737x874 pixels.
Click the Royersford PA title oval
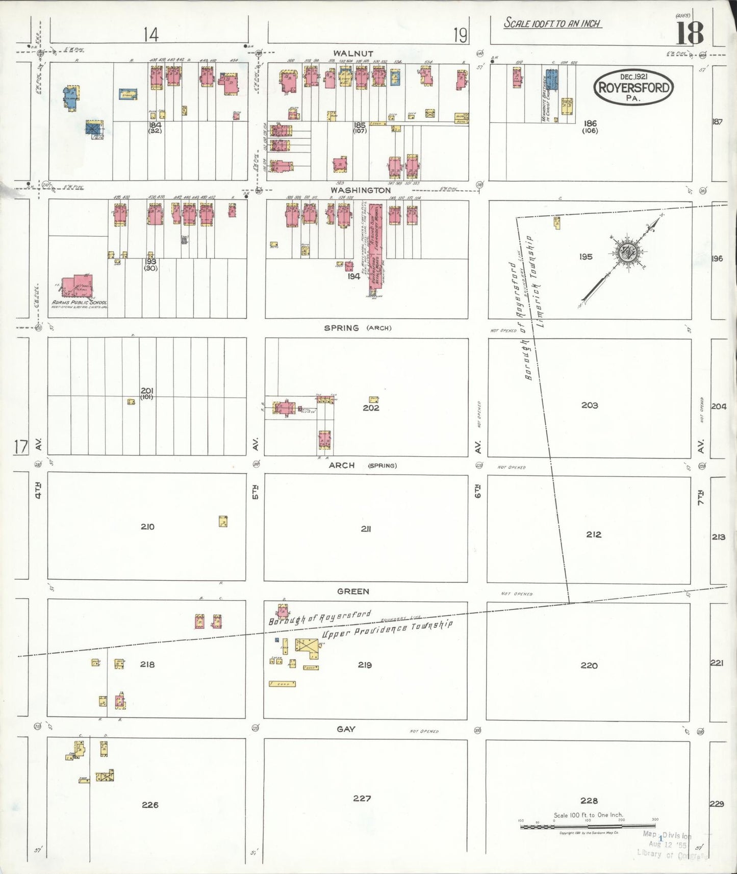[633, 87]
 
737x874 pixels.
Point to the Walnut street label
[353, 54]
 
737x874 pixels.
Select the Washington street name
[360, 190]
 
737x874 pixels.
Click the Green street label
[353, 591]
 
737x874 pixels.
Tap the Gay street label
[346, 729]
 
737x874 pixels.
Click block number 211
[365, 529]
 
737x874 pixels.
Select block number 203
[589, 405]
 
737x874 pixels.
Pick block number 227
[362, 798]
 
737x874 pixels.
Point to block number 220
[589, 665]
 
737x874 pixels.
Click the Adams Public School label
[79, 302]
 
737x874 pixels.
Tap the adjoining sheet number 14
[150, 35]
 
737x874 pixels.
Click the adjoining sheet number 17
[21, 447]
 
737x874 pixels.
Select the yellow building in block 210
[223, 521]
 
